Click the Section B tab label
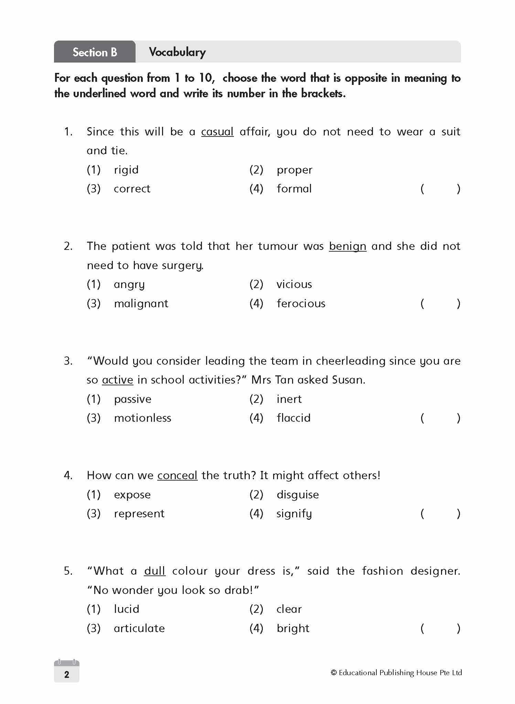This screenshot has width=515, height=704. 95,52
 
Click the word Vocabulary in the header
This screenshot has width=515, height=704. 177,52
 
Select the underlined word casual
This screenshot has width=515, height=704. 217,132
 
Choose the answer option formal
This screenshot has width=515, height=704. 294,189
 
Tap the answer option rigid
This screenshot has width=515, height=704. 126,170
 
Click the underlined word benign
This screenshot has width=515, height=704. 347,246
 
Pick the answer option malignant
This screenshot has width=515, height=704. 141,304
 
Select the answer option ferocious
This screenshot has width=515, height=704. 301,304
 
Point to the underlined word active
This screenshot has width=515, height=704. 118,380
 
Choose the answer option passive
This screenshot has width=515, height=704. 132,399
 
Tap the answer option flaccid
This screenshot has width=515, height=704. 293,418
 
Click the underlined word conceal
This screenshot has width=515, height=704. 177,475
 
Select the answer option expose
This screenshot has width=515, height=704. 132,495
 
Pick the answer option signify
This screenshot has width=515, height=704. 294,514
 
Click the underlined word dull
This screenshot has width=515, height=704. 155,571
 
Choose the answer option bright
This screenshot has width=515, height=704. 293,628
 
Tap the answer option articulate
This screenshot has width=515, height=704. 139,628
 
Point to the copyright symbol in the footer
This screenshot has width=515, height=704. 333,673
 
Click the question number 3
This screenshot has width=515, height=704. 68,361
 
